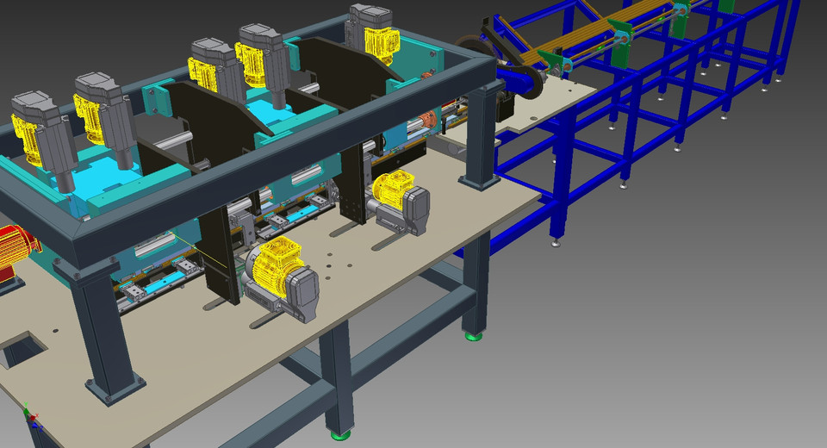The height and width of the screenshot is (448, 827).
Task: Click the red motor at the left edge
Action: coord(16,251)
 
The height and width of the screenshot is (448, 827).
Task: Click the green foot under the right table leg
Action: coord(472,334)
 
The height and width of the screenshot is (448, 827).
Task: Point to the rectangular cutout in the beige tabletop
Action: coord(19,350)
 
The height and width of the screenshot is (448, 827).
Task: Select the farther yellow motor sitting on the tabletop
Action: coord(393,189)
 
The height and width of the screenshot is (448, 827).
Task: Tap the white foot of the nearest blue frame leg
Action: coord(554,243)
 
